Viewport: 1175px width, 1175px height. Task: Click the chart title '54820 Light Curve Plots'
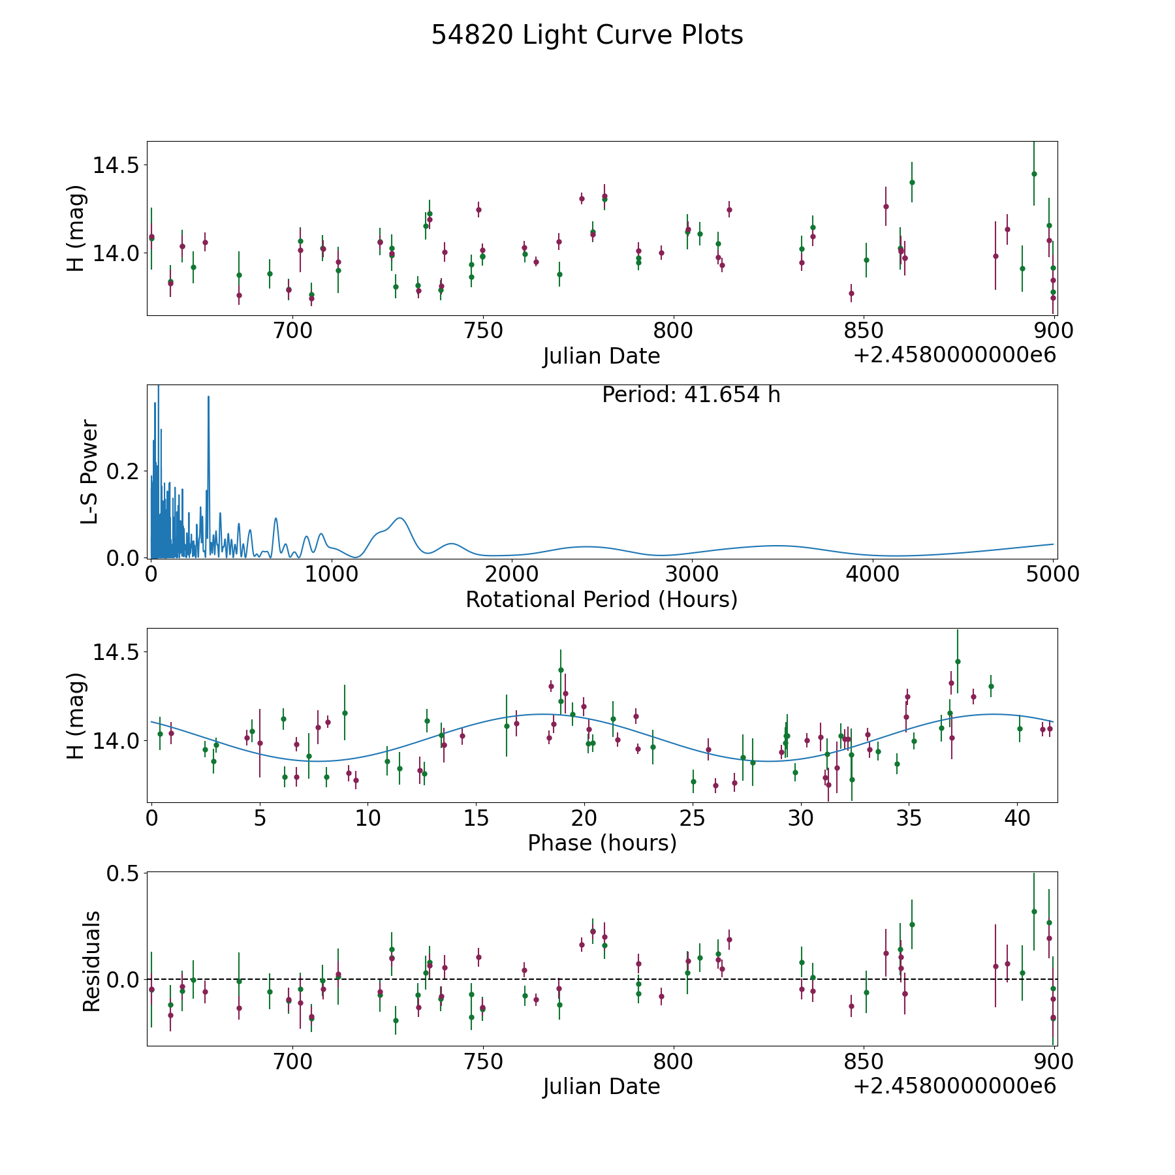[x=587, y=35]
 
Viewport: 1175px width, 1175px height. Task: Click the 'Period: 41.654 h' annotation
[x=691, y=395]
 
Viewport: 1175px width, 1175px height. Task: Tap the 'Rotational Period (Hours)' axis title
[x=601, y=599]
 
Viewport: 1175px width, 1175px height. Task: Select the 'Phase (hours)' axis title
[x=601, y=843]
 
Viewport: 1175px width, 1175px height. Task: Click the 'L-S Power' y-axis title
[x=89, y=471]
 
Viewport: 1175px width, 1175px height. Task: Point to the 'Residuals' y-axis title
[x=91, y=961]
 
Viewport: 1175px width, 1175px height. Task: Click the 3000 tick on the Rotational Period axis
[x=692, y=574]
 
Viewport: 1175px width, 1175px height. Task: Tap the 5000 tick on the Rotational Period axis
[x=1052, y=574]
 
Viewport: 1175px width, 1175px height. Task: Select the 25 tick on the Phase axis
[x=693, y=818]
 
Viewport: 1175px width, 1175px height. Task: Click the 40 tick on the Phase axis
[x=1017, y=818]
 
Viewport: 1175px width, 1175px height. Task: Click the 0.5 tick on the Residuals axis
[x=125, y=873]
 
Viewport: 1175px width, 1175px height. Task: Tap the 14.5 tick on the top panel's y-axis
[x=116, y=165]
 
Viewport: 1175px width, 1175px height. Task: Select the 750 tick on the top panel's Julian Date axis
[x=482, y=331]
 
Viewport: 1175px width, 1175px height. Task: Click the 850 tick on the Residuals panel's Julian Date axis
[x=863, y=1062]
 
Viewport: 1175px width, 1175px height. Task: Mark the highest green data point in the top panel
[x=1034, y=174]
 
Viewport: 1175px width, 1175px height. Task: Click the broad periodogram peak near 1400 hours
[x=399, y=518]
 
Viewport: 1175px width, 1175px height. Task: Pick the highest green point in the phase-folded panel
[x=958, y=661]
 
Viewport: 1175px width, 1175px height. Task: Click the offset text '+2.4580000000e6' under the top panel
[x=954, y=355]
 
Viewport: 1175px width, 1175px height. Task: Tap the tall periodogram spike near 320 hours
[x=208, y=397]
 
